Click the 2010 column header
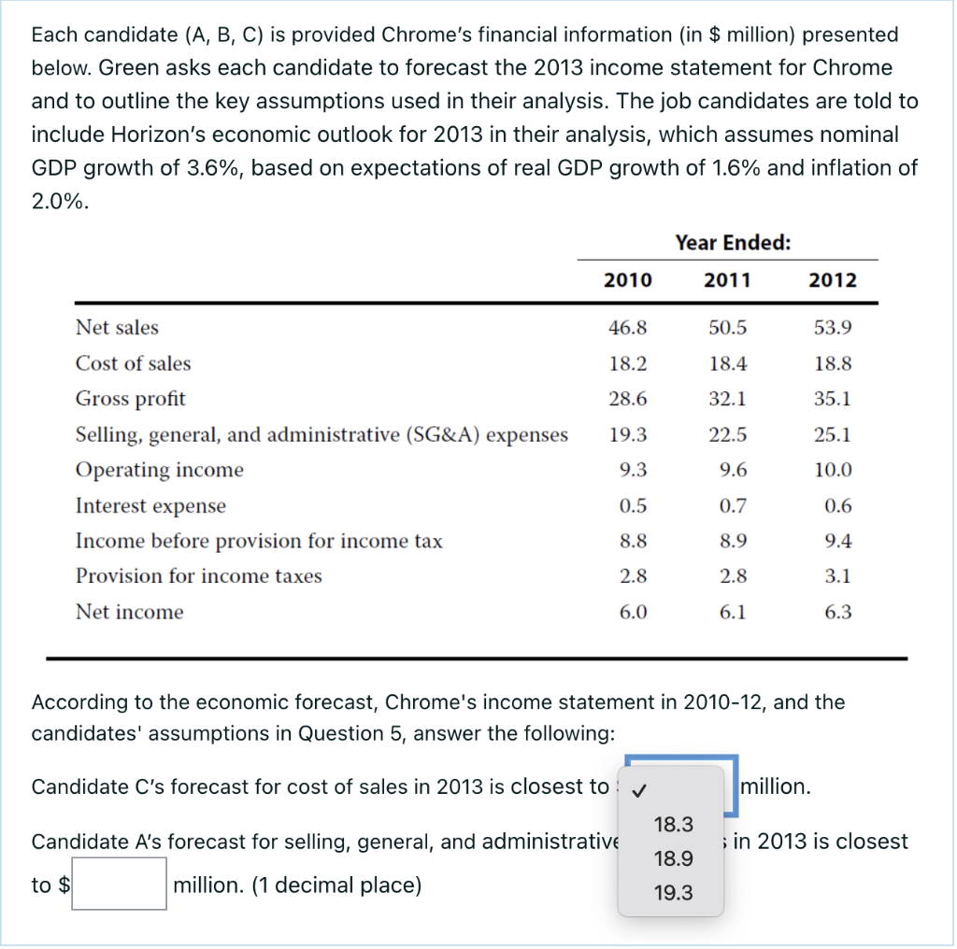pos(628,280)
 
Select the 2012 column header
pos(832,280)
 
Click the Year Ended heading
pos(733,243)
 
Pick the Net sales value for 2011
pos(729,328)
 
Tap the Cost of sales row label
pos(133,363)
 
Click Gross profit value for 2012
pos(833,399)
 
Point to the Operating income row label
pos(159,470)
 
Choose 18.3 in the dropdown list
pos(674,824)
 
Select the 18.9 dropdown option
pos(674,858)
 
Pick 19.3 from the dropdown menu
pos(674,893)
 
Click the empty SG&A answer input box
pos(120,885)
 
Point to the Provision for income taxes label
pos(198,576)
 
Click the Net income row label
pos(129,612)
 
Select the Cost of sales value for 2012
pos(833,363)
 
